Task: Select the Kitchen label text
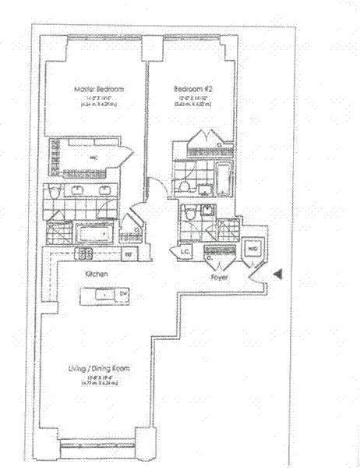point(97,275)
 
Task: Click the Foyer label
point(219,276)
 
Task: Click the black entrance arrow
point(277,273)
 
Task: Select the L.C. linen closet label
point(186,252)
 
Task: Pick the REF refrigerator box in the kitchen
point(129,254)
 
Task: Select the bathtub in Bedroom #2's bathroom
point(224,179)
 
